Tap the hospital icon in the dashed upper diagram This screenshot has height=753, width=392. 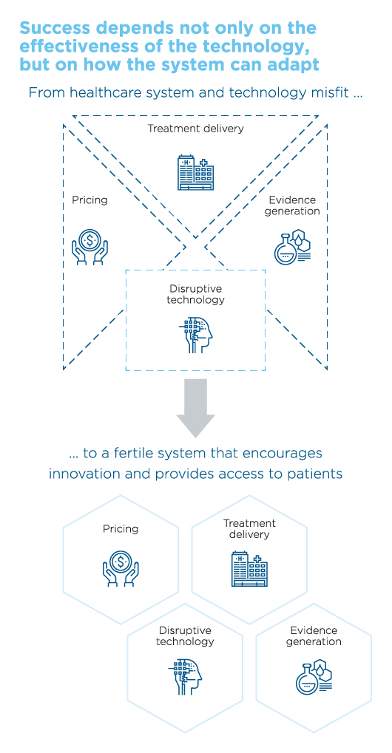(x=195, y=172)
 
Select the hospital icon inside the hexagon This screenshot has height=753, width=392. (x=249, y=569)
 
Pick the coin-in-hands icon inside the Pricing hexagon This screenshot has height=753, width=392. (x=121, y=568)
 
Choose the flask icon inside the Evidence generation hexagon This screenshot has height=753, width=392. (x=314, y=677)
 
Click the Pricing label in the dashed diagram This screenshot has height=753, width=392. (x=89, y=200)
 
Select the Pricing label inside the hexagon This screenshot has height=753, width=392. (x=121, y=529)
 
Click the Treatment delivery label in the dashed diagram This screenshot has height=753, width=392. (x=195, y=129)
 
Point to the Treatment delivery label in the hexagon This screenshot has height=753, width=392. (x=249, y=528)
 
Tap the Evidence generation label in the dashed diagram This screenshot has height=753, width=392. (x=292, y=205)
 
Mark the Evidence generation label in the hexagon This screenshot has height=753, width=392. (x=314, y=636)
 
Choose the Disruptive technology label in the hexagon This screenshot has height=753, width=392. (x=185, y=636)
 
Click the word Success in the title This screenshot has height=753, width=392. (x=54, y=28)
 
